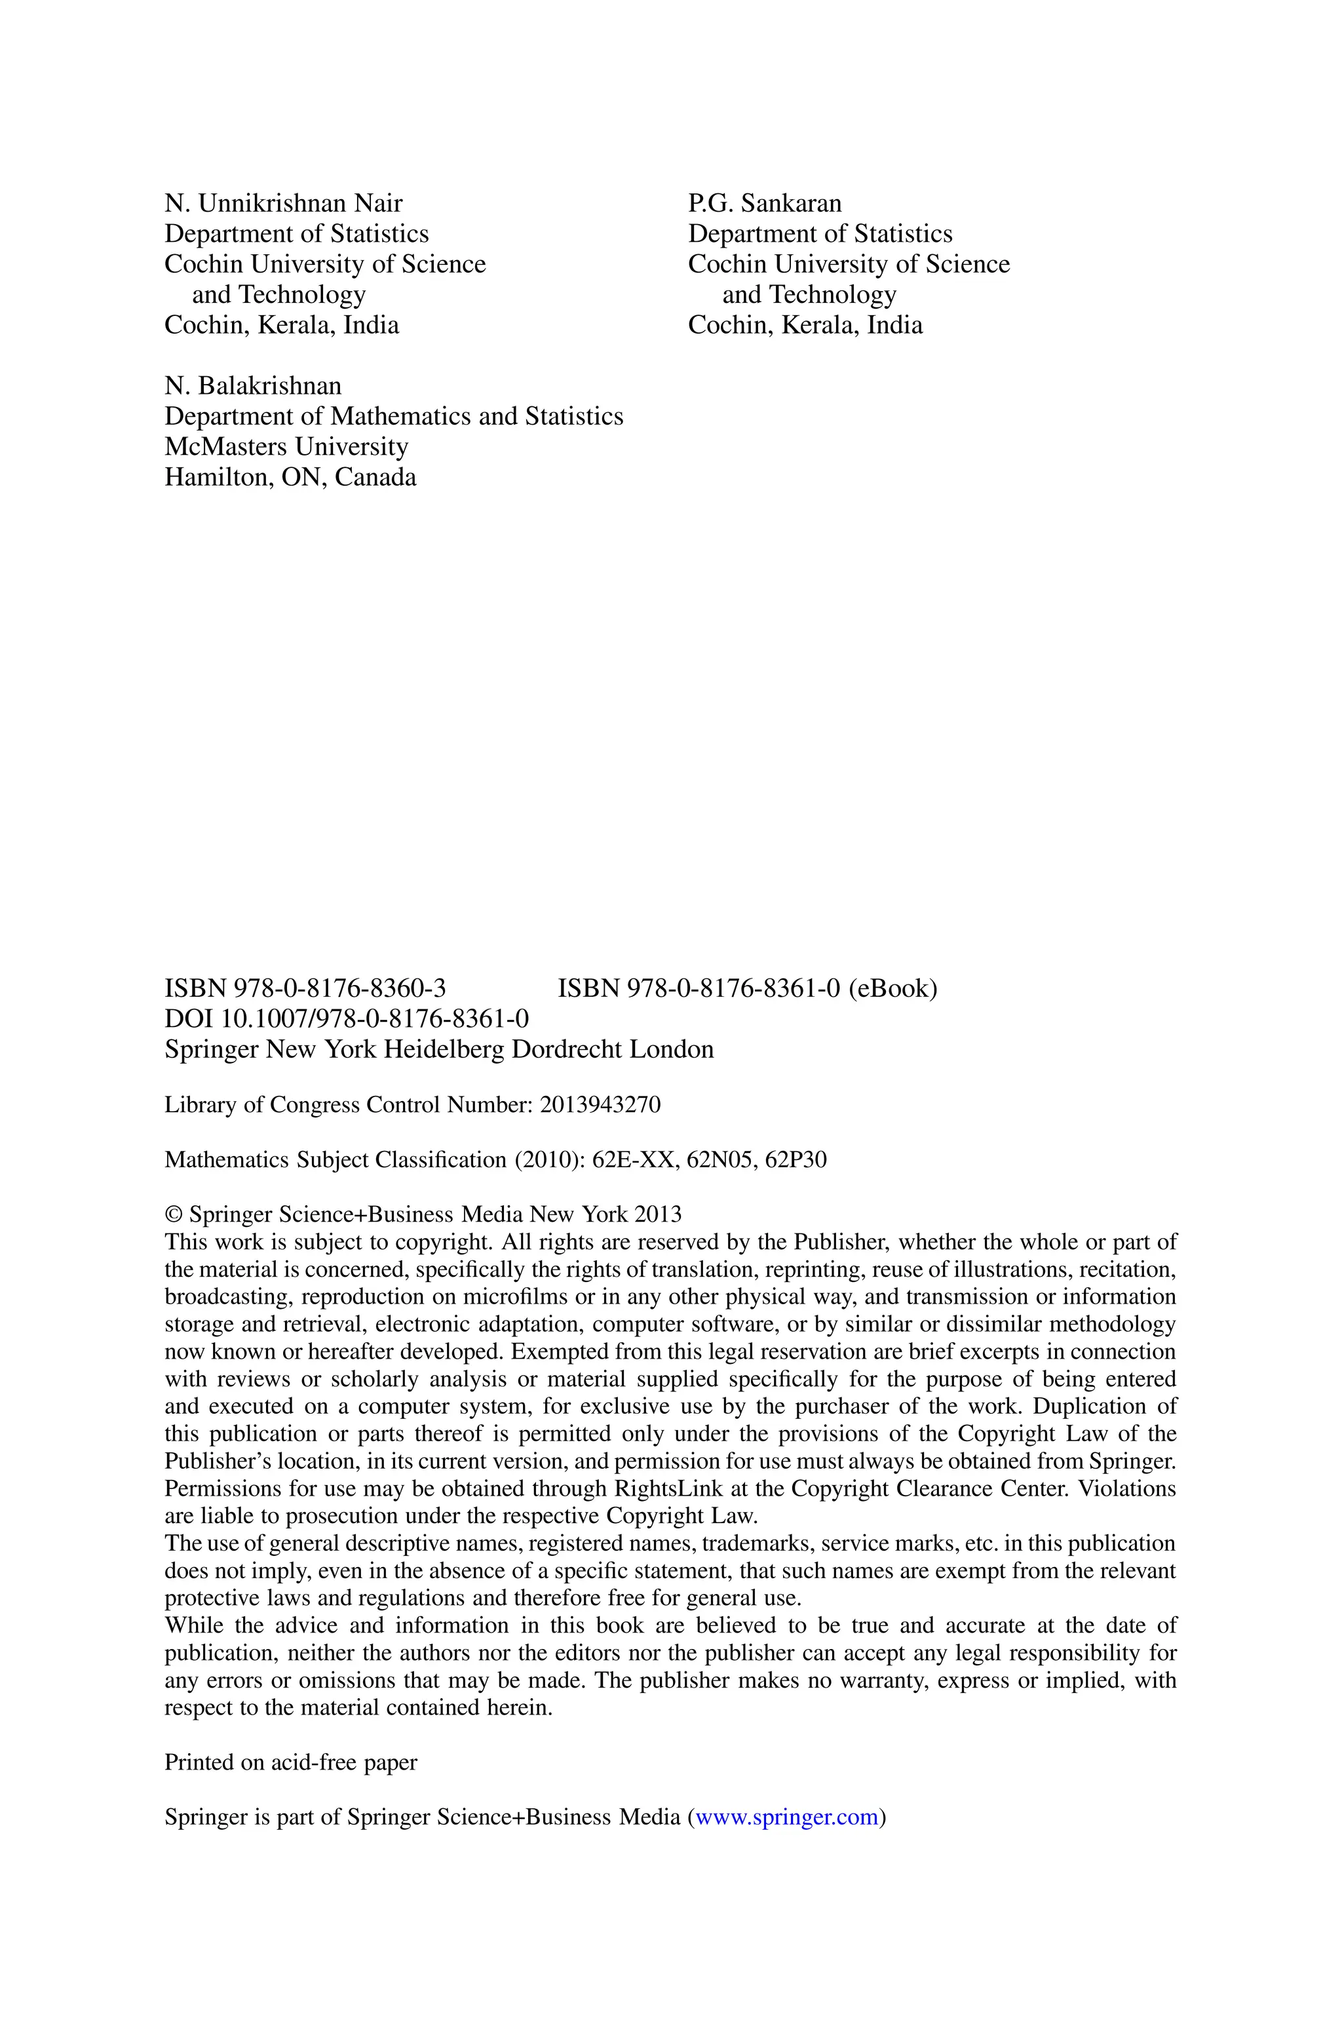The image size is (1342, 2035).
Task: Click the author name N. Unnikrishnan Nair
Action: (x=283, y=204)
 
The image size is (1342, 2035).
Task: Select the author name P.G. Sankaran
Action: (x=764, y=204)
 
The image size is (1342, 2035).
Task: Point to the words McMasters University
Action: (x=286, y=447)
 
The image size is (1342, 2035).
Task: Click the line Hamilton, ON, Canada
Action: (x=290, y=478)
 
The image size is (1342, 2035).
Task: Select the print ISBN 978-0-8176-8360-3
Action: (x=305, y=989)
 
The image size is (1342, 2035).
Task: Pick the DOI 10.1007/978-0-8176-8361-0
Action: (x=347, y=1019)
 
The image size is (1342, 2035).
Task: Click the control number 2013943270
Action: (x=600, y=1106)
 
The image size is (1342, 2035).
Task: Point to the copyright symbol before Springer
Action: (x=173, y=1215)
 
